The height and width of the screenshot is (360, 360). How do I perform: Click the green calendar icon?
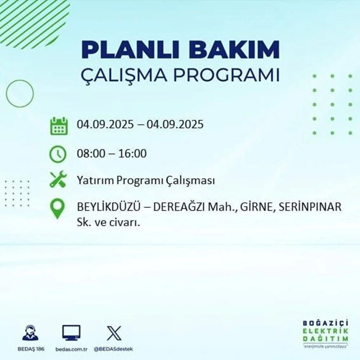[x=58, y=126]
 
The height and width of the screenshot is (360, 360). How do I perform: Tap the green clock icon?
[x=58, y=154]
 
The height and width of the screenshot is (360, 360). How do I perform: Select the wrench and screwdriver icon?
[x=58, y=179]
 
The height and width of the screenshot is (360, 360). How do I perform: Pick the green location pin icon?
[x=58, y=209]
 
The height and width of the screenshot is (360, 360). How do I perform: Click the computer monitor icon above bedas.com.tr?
[x=71, y=333]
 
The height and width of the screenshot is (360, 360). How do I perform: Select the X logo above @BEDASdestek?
[x=114, y=333]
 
